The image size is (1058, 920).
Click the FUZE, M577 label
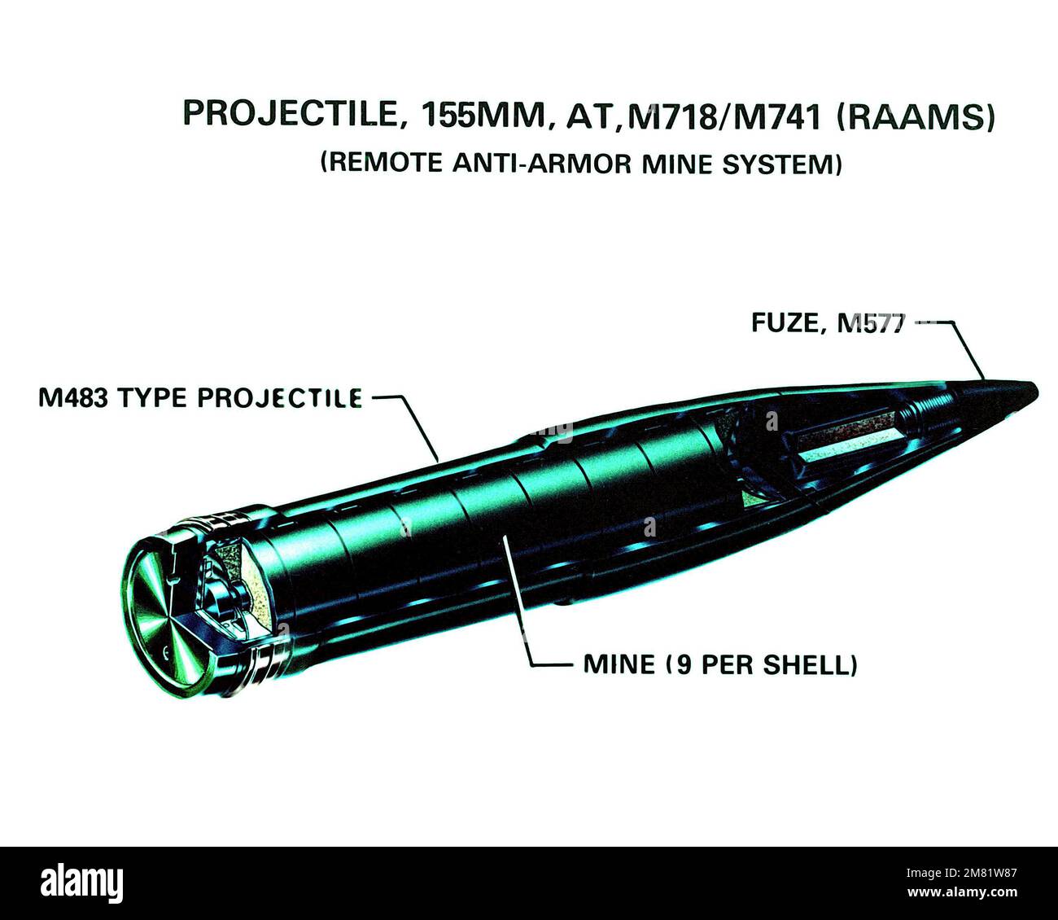coord(827,322)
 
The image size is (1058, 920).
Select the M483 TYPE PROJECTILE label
coord(200,397)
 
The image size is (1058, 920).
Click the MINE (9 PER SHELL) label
coord(720,664)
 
